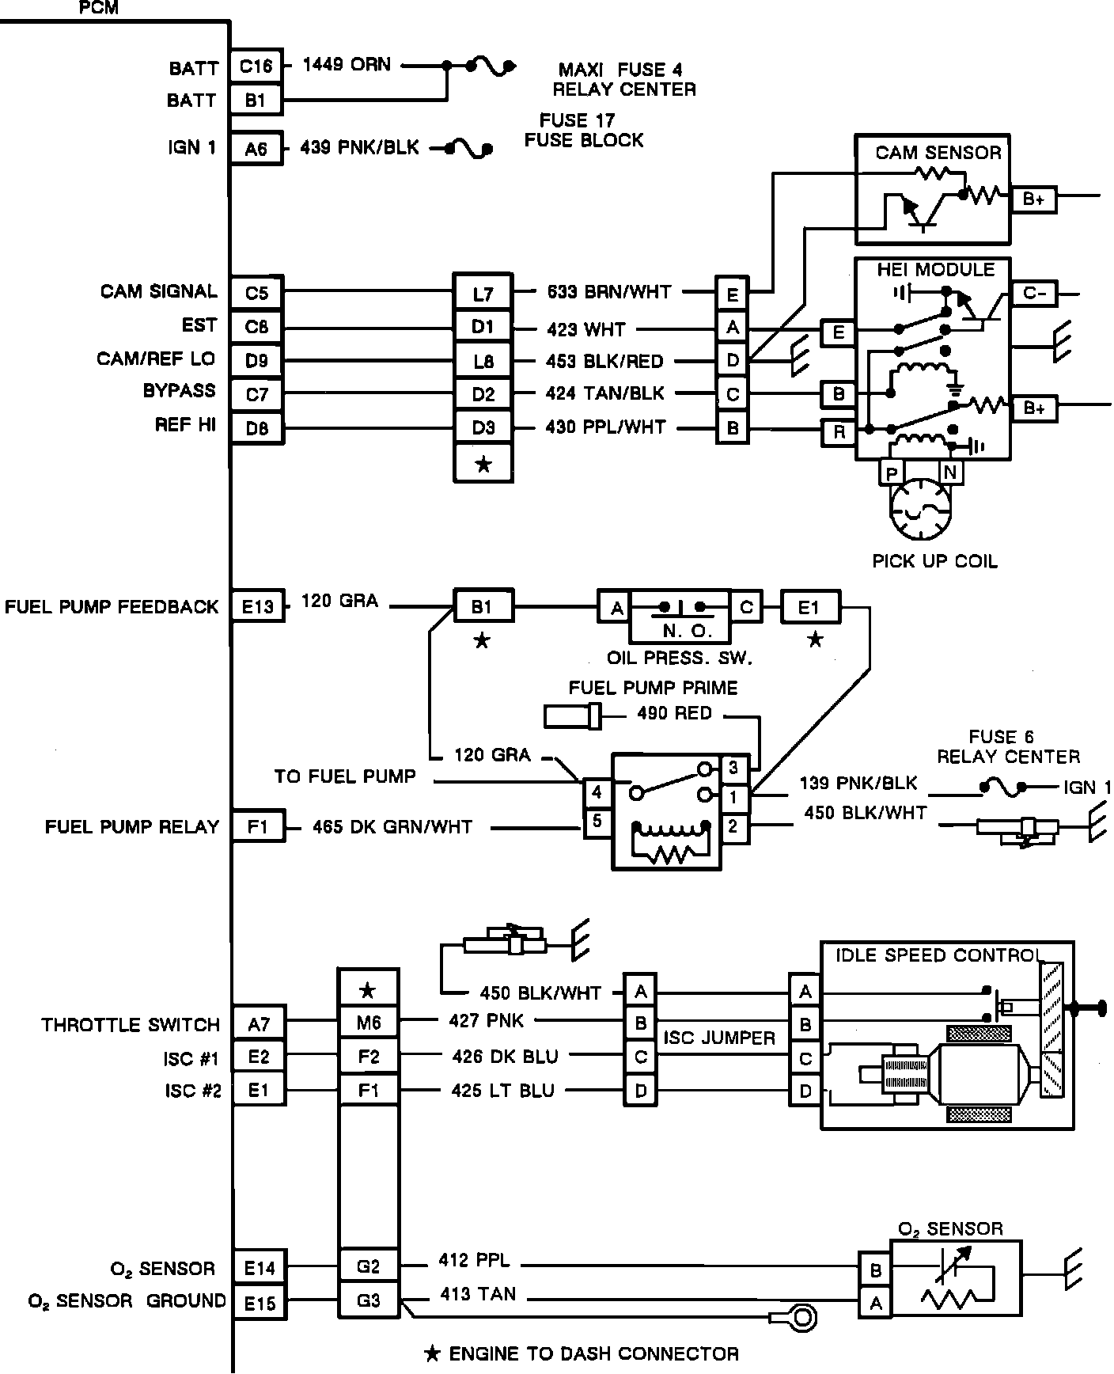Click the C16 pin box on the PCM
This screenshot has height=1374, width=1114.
click(256, 66)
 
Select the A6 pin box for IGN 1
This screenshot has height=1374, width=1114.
click(256, 148)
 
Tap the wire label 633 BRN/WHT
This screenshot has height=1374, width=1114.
click(609, 292)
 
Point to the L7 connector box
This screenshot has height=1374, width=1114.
click(483, 294)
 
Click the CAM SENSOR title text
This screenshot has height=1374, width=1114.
click(938, 153)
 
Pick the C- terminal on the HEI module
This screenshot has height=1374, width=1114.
click(1034, 294)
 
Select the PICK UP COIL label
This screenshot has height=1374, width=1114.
click(934, 561)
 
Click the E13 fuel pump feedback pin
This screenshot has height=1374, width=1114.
click(258, 607)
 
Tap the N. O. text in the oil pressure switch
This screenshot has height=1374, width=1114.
click(680, 631)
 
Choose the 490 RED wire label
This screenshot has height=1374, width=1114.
click(674, 714)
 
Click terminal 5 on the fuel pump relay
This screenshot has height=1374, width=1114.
click(597, 822)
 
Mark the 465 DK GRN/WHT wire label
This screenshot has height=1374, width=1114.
click(392, 827)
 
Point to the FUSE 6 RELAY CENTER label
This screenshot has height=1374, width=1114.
click(1008, 747)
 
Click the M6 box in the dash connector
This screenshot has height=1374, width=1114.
click(369, 1023)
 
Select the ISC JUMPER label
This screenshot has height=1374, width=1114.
click(718, 1038)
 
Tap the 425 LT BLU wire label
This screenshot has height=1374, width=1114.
click(502, 1091)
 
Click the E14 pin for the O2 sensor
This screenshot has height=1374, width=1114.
click(260, 1269)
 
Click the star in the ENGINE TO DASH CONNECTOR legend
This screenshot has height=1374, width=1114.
click(432, 1354)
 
